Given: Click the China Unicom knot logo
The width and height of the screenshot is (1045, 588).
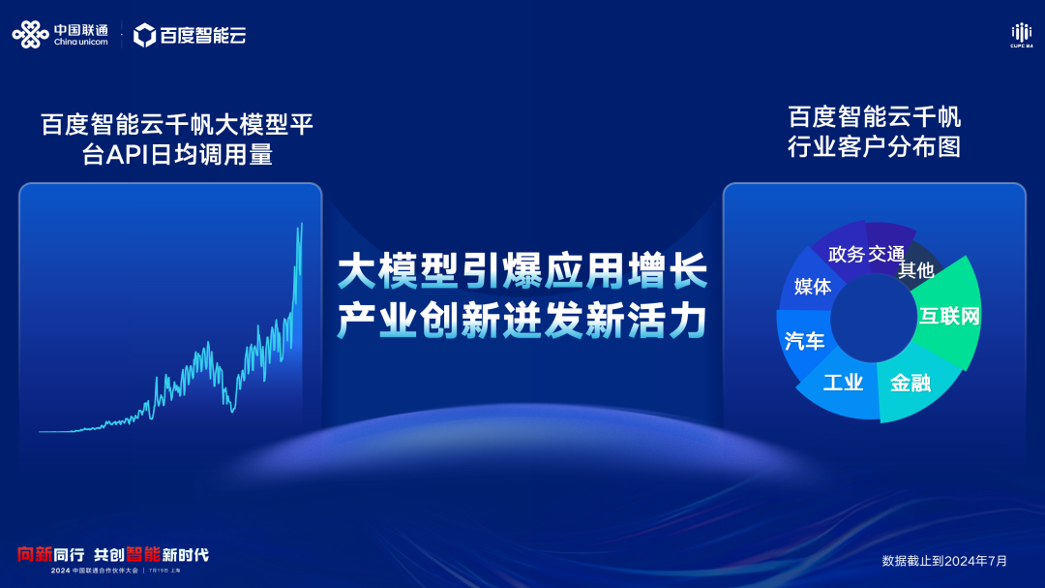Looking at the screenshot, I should (30, 35).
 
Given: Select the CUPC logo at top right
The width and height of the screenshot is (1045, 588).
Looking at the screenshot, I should (1022, 35).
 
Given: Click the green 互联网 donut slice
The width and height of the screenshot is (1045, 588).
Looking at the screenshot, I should (949, 316).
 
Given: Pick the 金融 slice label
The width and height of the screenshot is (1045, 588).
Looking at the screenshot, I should (910, 383).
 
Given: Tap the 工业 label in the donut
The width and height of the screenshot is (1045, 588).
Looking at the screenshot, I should (843, 383).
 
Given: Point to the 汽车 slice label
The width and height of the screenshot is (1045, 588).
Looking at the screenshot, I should (805, 341).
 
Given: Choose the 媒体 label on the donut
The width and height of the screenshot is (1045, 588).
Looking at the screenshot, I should (813, 287).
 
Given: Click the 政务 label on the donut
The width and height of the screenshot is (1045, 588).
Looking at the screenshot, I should (846, 254).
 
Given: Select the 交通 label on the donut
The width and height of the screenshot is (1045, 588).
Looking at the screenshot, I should (886, 254).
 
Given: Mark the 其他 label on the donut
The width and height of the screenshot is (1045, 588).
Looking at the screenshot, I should (916, 270).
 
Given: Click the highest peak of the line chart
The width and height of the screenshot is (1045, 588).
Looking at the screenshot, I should (302, 224).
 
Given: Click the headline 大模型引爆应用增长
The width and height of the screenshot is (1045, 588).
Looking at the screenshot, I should (522, 270).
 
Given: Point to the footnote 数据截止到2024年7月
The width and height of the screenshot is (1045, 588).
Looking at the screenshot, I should (944, 561).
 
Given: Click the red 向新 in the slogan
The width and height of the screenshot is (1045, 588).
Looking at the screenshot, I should (34, 555).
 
